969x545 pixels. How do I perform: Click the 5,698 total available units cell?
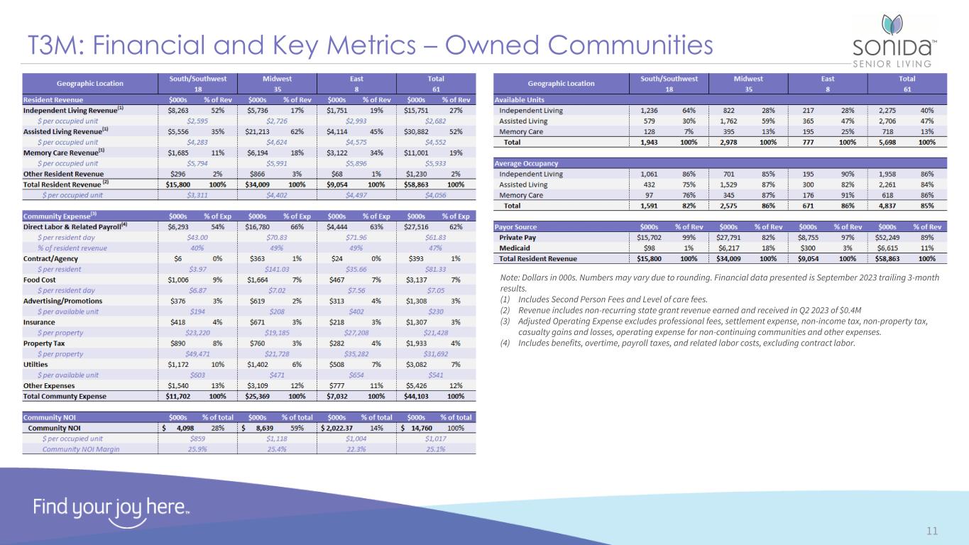click(892, 143)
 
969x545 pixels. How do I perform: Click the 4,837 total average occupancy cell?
click(892, 206)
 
